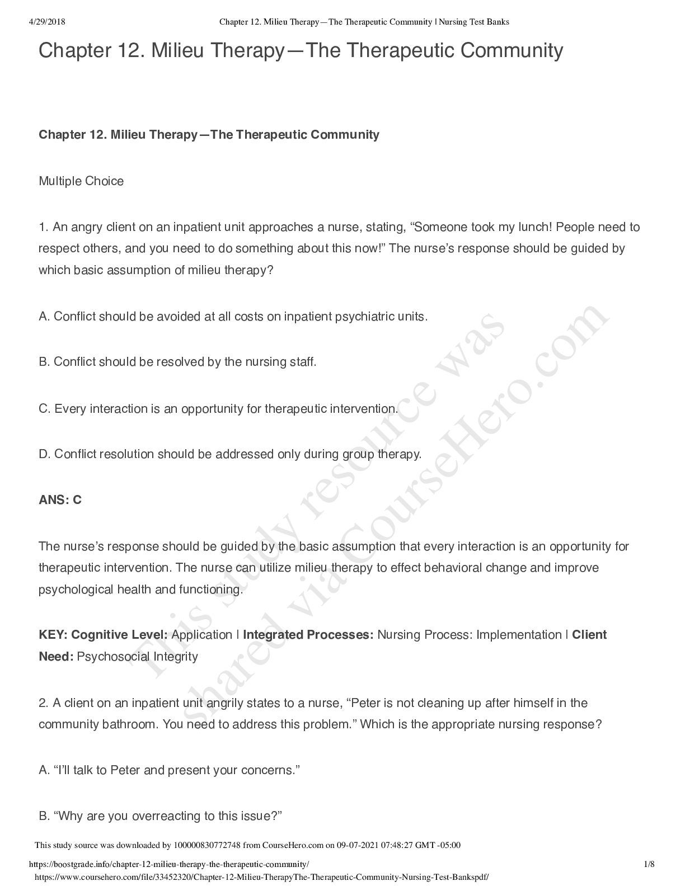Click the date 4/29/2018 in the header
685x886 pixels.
click(46, 22)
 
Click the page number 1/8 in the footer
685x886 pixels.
click(649, 864)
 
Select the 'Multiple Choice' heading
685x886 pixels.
click(81, 181)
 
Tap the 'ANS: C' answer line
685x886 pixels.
click(60, 500)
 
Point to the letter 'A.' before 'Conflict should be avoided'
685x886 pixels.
click(44, 317)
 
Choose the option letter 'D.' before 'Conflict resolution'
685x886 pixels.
click(45, 454)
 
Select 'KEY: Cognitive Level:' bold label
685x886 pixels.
click(103, 635)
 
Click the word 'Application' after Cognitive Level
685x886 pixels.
click(201, 635)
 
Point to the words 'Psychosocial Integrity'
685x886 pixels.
click(137, 656)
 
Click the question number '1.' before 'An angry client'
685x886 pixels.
click(44, 227)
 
